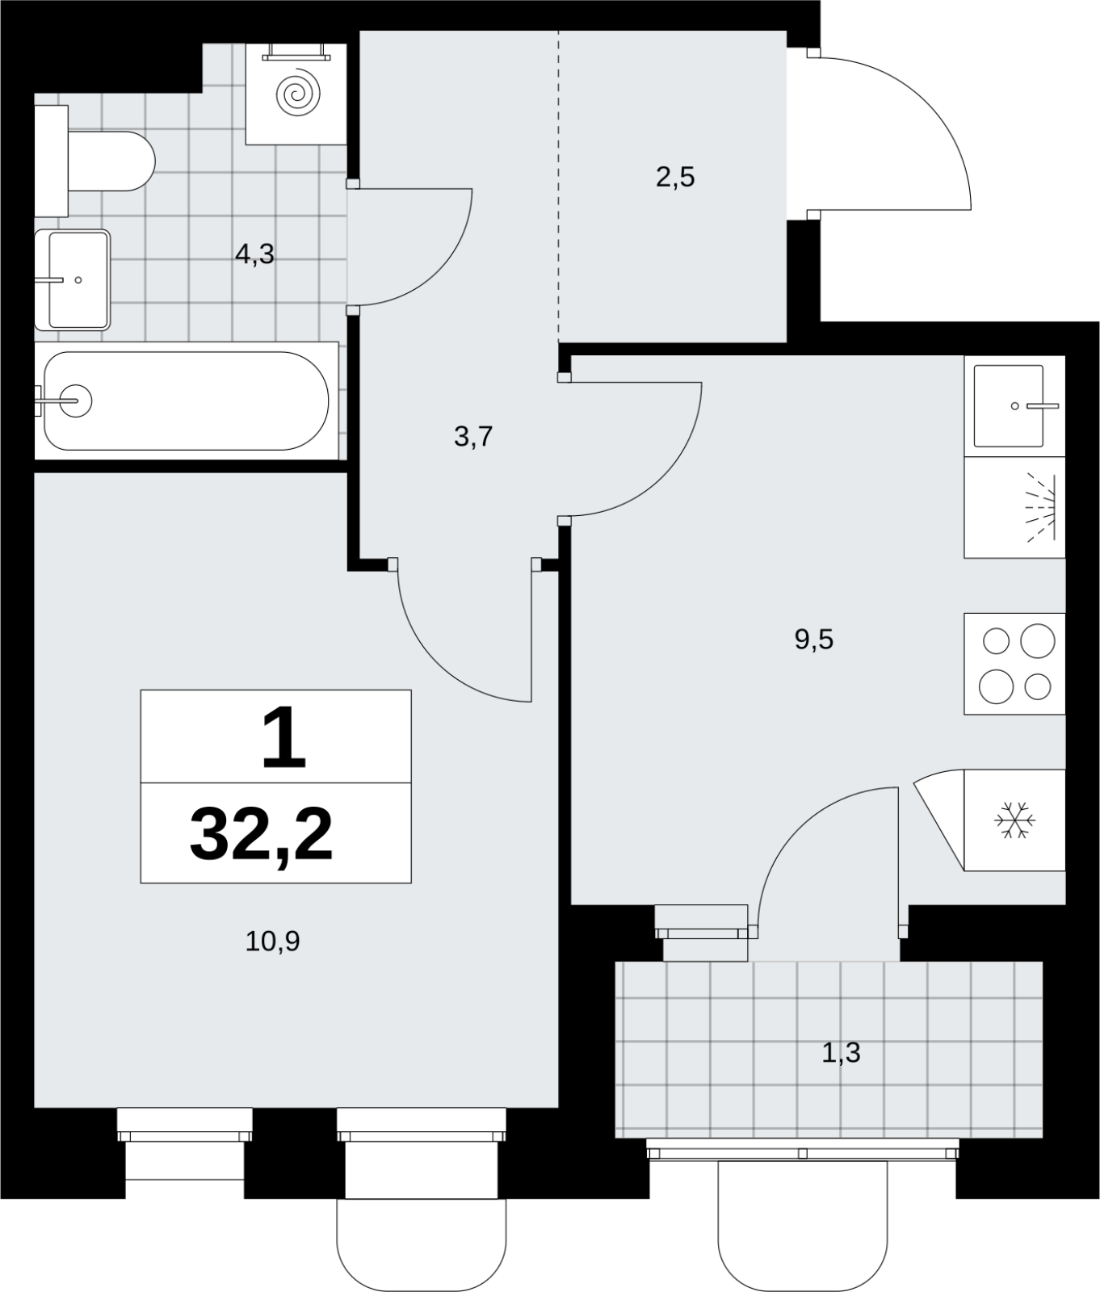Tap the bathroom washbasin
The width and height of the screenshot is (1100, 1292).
coord(72,280)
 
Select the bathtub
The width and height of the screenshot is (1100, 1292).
coord(186,401)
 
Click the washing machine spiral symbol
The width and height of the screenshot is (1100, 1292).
coord(296,94)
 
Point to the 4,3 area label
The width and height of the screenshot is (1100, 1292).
coord(254,255)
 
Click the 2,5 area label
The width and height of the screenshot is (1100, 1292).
coord(675,177)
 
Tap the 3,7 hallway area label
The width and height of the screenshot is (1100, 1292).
coord(473,437)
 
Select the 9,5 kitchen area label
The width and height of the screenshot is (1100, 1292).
coord(813,640)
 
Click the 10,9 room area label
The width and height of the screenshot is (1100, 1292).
coord(272,941)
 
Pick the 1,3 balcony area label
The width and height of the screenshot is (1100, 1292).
coord(841,1053)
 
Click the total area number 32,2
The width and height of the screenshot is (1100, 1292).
coord(261,836)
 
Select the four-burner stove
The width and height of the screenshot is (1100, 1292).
coord(1015,663)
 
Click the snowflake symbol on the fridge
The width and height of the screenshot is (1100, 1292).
coord(1015,820)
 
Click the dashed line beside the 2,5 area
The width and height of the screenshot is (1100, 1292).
coord(558,186)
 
